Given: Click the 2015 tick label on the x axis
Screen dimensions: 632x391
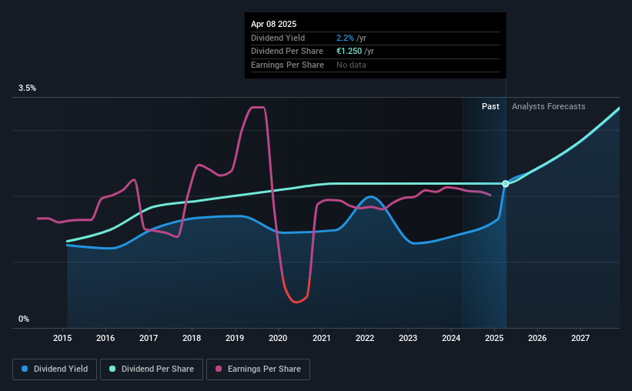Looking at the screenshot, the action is tap(62, 338).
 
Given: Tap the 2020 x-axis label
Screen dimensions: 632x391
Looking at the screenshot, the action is tap(278, 338).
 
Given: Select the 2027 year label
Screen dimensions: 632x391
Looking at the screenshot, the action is tap(580, 338).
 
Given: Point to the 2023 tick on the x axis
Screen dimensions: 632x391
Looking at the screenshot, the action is tap(408, 338).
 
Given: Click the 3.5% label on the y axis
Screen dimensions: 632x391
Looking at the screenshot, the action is tap(27, 88).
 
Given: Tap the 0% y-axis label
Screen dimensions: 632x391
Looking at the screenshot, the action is tap(24, 319).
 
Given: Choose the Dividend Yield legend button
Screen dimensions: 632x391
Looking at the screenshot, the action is tap(55, 369).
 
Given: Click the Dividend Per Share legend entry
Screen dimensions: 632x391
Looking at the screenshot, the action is tap(152, 369).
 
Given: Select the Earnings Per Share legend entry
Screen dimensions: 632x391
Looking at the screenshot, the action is tap(258, 369).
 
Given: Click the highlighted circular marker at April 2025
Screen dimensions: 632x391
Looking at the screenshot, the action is tap(506, 184).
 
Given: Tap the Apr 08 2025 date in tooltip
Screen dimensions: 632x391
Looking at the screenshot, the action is tap(274, 24).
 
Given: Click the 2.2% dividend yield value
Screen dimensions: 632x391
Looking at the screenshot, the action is tap(345, 38).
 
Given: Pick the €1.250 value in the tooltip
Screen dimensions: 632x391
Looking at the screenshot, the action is tap(349, 52).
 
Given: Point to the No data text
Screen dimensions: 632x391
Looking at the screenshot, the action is tap(351, 65).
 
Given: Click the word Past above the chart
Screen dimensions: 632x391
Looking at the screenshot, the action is tap(490, 106).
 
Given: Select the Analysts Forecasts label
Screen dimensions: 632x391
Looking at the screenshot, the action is tap(549, 106).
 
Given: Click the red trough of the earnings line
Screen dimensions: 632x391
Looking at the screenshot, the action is tap(296, 302).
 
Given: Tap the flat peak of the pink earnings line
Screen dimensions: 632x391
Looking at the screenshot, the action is tap(258, 107).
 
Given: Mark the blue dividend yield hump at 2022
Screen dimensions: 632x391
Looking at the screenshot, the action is tap(370, 197).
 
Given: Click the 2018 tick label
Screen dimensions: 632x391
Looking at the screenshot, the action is tap(192, 338).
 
